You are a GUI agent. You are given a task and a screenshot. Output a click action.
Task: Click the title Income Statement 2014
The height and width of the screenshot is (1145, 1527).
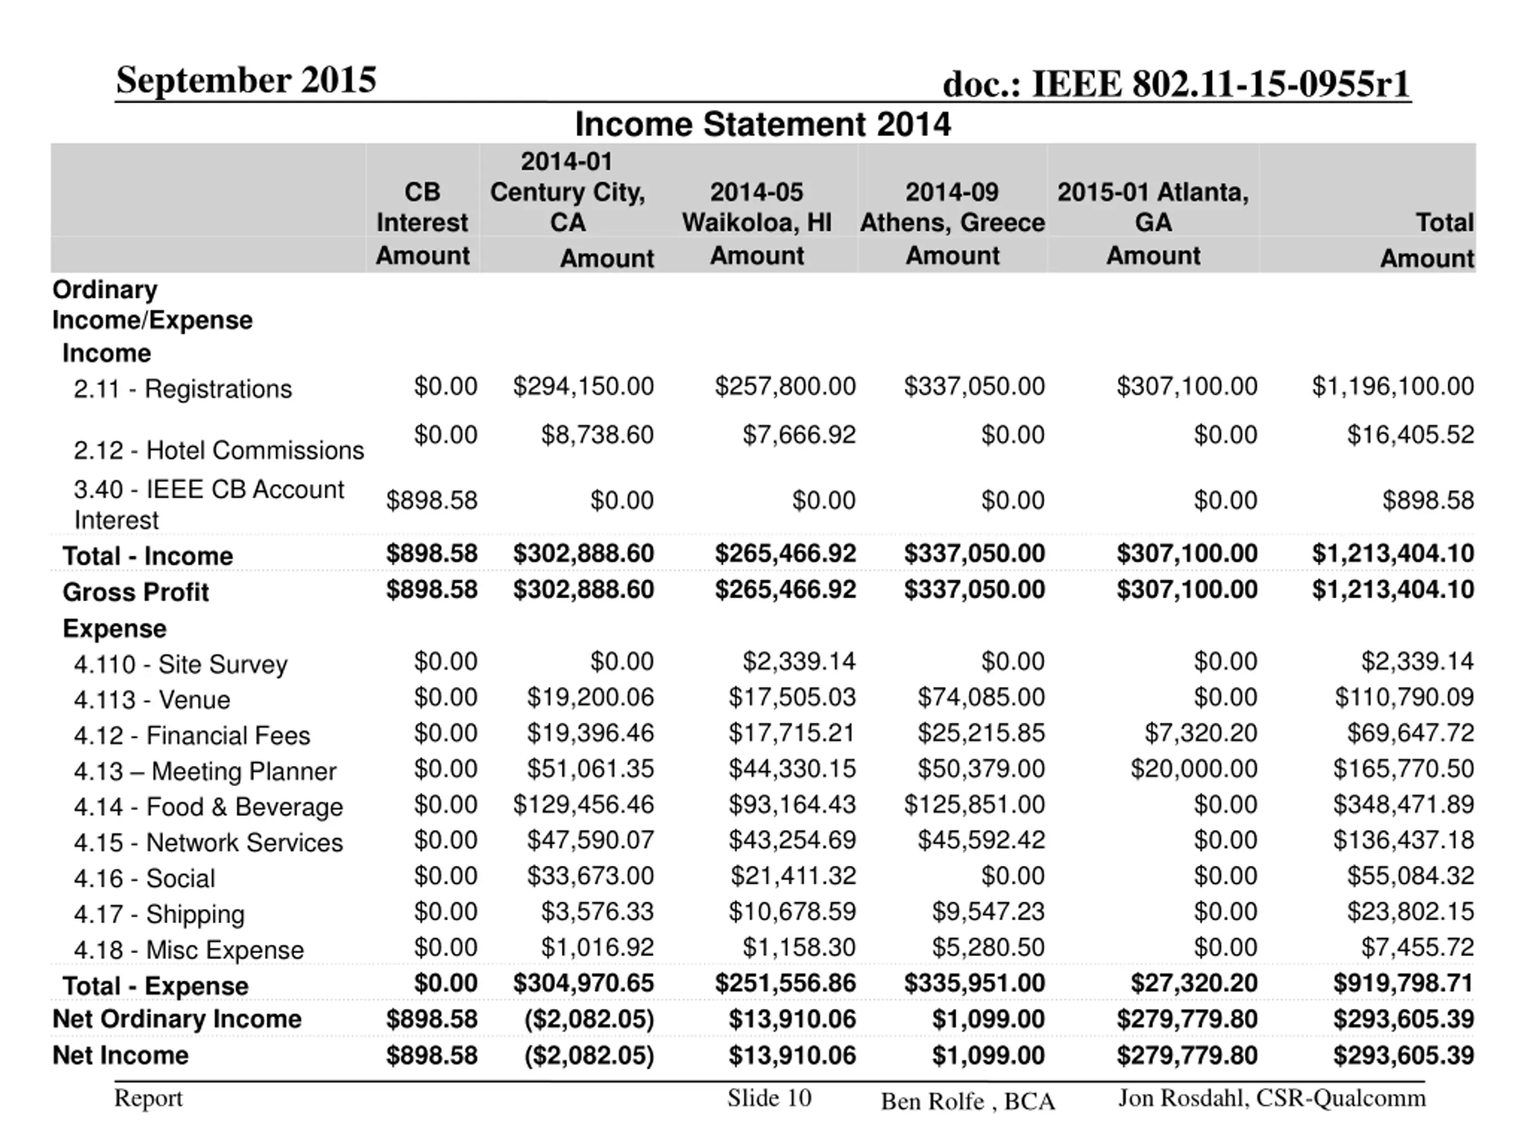tap(763, 125)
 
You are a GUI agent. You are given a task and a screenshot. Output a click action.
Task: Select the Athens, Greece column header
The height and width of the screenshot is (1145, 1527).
tap(952, 207)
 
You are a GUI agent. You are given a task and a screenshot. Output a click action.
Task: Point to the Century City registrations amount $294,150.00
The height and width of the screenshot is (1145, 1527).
tap(583, 386)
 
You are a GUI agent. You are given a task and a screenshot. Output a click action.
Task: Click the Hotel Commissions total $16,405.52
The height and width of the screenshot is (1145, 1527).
tap(1410, 434)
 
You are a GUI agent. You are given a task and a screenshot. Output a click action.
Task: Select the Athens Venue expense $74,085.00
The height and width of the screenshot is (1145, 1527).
tap(981, 697)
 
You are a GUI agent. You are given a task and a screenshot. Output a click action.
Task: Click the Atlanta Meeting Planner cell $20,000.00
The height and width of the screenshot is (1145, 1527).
tap(1194, 769)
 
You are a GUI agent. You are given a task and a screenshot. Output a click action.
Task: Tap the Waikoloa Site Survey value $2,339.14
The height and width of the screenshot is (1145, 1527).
tap(799, 661)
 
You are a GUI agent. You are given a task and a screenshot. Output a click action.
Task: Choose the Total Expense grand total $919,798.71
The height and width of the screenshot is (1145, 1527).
tap(1404, 983)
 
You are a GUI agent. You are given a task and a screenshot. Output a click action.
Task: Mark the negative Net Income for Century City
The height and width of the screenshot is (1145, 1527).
tap(589, 1056)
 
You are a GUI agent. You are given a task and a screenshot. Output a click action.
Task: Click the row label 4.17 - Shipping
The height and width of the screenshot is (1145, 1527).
tap(159, 914)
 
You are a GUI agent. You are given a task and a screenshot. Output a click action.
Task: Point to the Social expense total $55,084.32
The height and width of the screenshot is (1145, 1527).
tap(1410, 876)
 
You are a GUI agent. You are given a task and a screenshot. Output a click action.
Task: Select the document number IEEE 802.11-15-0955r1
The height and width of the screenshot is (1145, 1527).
tap(1176, 84)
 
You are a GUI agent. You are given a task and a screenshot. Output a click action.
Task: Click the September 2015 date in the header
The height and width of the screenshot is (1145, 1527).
tap(246, 79)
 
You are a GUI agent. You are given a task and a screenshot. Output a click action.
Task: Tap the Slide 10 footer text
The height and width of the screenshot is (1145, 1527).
tap(769, 1097)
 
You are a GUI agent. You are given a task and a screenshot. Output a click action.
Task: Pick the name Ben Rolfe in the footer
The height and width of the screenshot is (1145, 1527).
tap(932, 1101)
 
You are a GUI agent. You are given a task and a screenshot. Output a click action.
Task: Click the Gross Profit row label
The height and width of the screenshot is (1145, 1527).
tap(135, 592)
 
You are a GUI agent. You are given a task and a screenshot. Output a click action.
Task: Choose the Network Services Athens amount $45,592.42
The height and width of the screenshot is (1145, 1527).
tap(981, 840)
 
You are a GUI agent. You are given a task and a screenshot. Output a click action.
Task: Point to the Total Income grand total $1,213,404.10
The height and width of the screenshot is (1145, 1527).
tap(1393, 553)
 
